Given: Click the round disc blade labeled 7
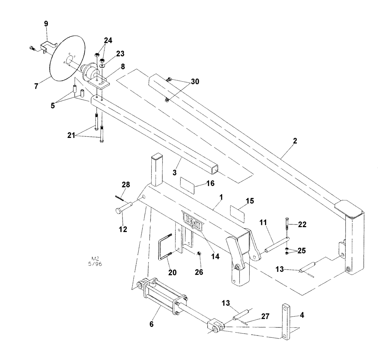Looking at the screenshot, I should click(61, 57).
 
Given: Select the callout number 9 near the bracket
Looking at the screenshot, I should click(46, 23).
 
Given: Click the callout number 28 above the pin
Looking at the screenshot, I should click(126, 185).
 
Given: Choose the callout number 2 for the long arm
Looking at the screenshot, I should click(295, 141).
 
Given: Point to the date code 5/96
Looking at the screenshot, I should click(95, 264).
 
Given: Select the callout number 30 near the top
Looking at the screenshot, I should click(195, 81).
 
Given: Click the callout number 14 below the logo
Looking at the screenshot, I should click(215, 257).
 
